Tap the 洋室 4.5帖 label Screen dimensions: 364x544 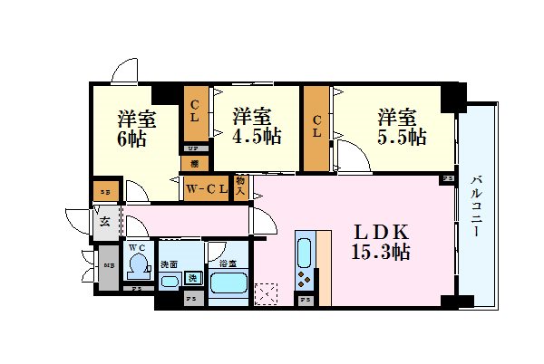pyautogui.click(x=255, y=128)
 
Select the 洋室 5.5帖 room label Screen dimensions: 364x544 pyautogui.click(x=401, y=128)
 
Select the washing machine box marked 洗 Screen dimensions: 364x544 pyautogui.click(x=193, y=277)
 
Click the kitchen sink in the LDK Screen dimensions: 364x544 pyautogui.click(x=305, y=248)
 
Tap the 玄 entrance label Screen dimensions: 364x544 pyautogui.click(x=105, y=221)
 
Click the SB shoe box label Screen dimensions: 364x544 pyautogui.click(x=103, y=192)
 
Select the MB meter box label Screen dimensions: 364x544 pyautogui.click(x=108, y=265)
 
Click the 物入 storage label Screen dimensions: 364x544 pyautogui.click(x=242, y=187)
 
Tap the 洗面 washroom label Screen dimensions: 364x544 pyautogui.click(x=169, y=264)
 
